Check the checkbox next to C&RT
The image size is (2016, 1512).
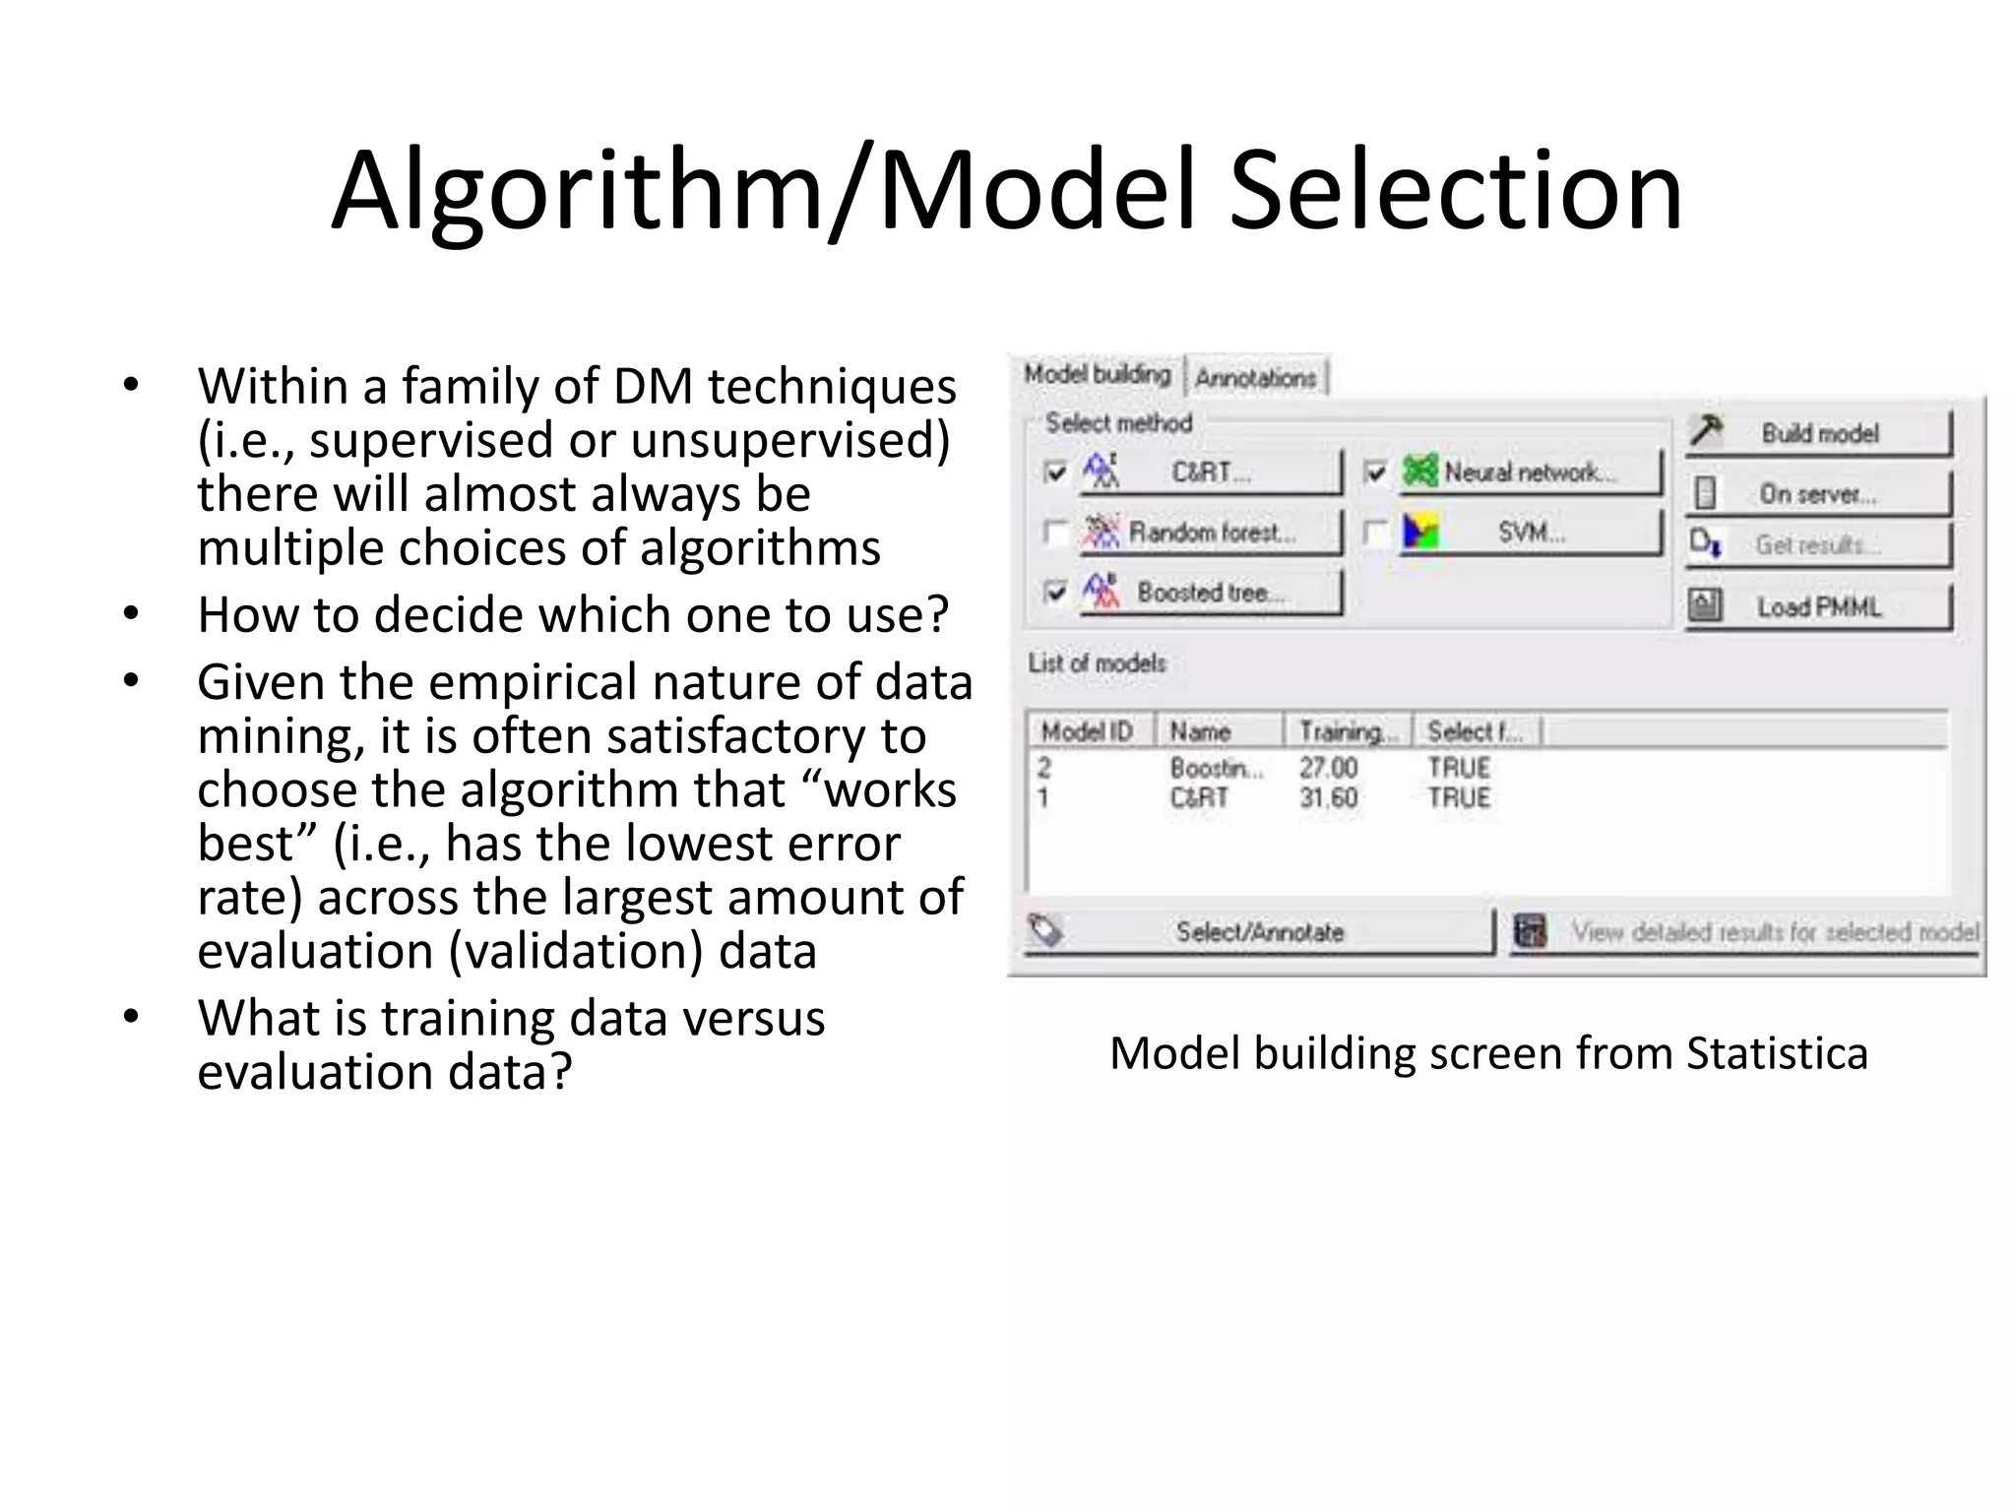tap(1055, 472)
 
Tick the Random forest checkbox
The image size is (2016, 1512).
tap(1055, 533)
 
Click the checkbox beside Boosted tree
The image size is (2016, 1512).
tap(1055, 592)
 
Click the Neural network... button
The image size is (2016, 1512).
tap(1530, 472)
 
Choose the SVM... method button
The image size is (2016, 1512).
tap(1530, 533)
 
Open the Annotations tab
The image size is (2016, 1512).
tap(1256, 378)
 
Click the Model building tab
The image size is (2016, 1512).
tap(1097, 375)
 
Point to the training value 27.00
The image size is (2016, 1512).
tap(1328, 768)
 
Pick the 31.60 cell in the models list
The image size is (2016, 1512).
tap(1328, 797)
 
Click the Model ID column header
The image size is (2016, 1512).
tap(1088, 731)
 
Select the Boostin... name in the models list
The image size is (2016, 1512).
tap(1216, 768)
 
